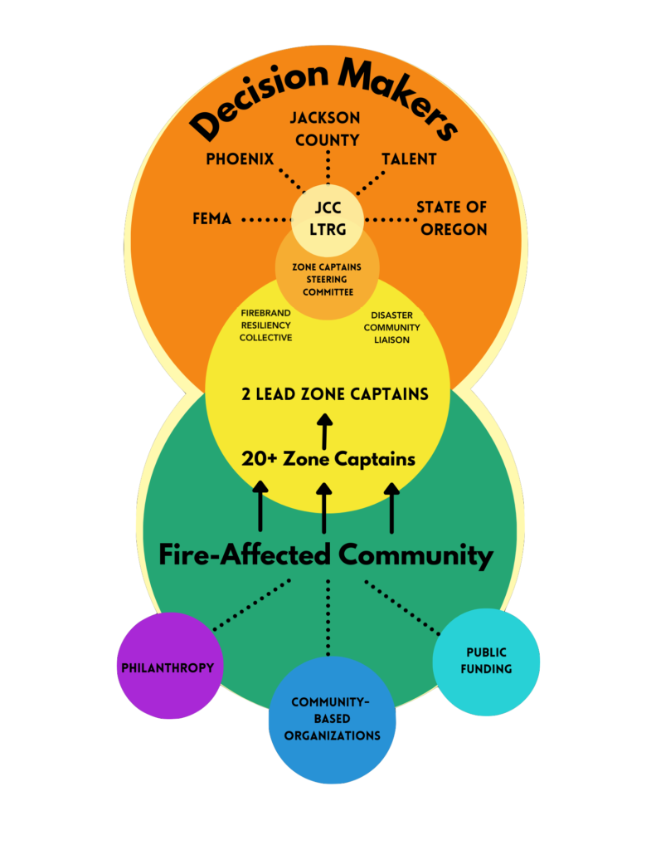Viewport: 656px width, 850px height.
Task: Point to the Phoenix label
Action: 240,159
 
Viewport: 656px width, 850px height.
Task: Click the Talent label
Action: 409,159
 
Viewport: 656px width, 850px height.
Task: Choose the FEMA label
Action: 211,220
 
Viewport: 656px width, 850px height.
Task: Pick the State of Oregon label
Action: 452,218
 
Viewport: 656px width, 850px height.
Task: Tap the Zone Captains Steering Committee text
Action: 327,280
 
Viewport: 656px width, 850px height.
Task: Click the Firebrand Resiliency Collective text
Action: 265,326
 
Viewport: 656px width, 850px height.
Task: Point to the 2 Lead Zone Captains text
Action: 335,394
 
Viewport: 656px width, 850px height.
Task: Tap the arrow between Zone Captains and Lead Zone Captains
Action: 324,433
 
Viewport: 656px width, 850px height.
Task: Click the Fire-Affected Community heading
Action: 326,554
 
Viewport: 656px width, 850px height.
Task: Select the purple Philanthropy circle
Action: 169,666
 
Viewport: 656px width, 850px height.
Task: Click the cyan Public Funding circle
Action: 486,662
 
